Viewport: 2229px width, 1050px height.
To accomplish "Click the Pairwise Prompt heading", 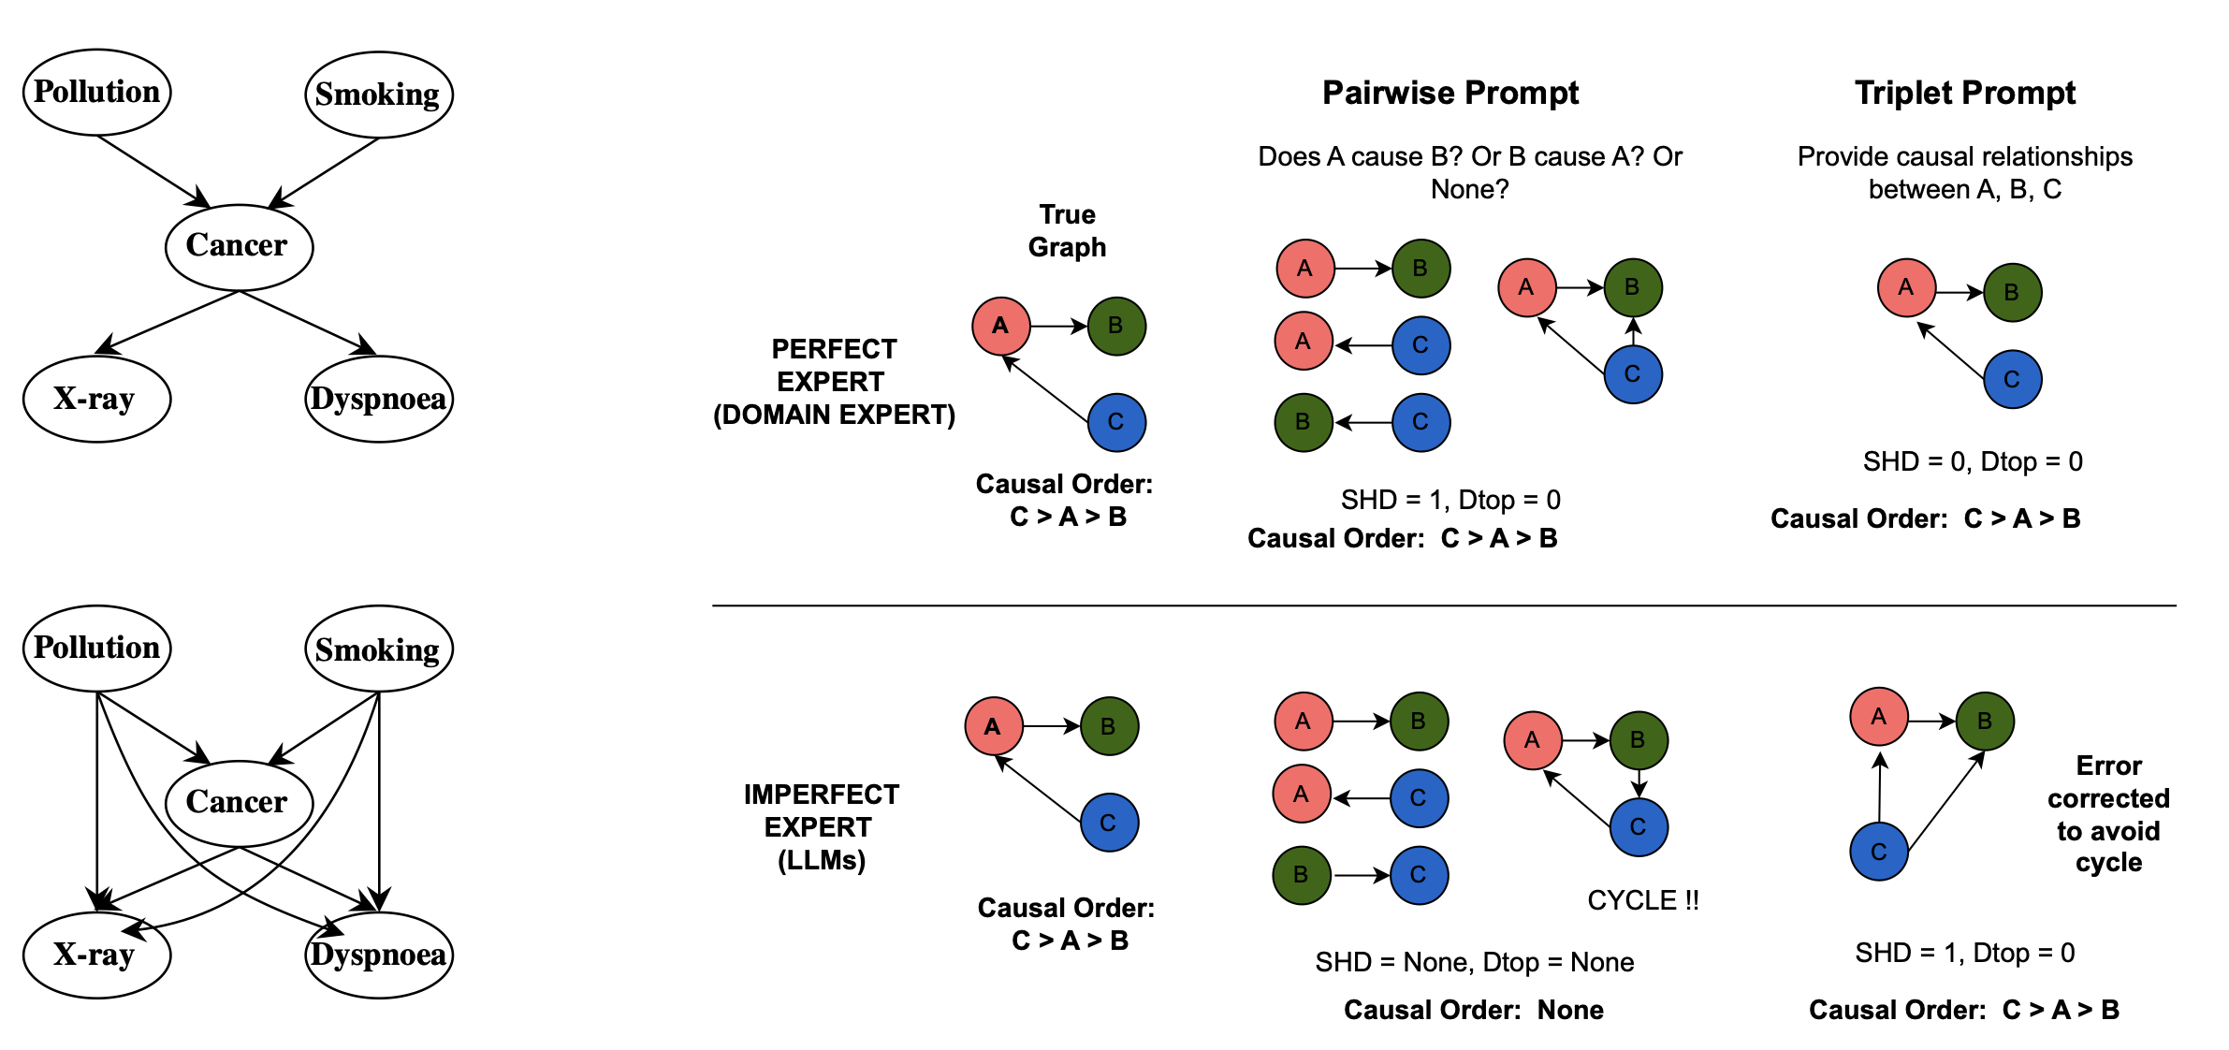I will coord(1450,93).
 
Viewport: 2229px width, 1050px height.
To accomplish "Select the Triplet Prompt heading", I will coord(1964,93).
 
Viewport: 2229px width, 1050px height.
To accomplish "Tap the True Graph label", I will coord(1067,230).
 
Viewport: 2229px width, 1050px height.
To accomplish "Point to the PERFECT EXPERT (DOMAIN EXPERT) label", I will coord(834,382).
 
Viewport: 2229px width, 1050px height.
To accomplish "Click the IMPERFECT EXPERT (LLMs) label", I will coord(821,827).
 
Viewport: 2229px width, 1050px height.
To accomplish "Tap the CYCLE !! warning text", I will coord(1642,900).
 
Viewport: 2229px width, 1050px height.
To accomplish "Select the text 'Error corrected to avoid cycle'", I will coord(2108,813).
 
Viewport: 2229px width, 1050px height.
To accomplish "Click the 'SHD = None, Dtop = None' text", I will coord(1474,962).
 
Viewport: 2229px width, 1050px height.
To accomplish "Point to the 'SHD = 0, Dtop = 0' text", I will coord(1972,461).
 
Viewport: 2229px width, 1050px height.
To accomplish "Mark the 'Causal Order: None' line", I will coord(1473,1010).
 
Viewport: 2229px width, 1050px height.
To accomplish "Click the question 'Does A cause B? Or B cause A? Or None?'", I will coord(1469,172).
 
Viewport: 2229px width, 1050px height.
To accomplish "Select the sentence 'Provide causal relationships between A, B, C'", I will coord(1964,172).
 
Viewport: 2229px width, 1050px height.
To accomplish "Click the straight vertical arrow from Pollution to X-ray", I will coord(97,795).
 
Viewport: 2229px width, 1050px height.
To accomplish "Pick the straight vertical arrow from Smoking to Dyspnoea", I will coord(379,795).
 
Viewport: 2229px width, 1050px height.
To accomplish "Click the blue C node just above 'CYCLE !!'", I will coord(1639,826).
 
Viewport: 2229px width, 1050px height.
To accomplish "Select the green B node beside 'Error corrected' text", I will coord(1984,721).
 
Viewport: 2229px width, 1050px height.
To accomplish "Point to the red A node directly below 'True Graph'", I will coord(1000,326).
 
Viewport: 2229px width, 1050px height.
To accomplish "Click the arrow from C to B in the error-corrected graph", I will coord(1946,800).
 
